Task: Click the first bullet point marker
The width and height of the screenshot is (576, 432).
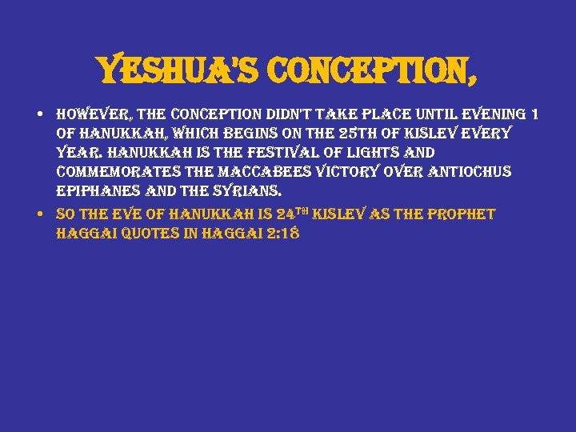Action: coord(40,115)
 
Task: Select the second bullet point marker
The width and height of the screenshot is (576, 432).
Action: coord(40,214)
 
